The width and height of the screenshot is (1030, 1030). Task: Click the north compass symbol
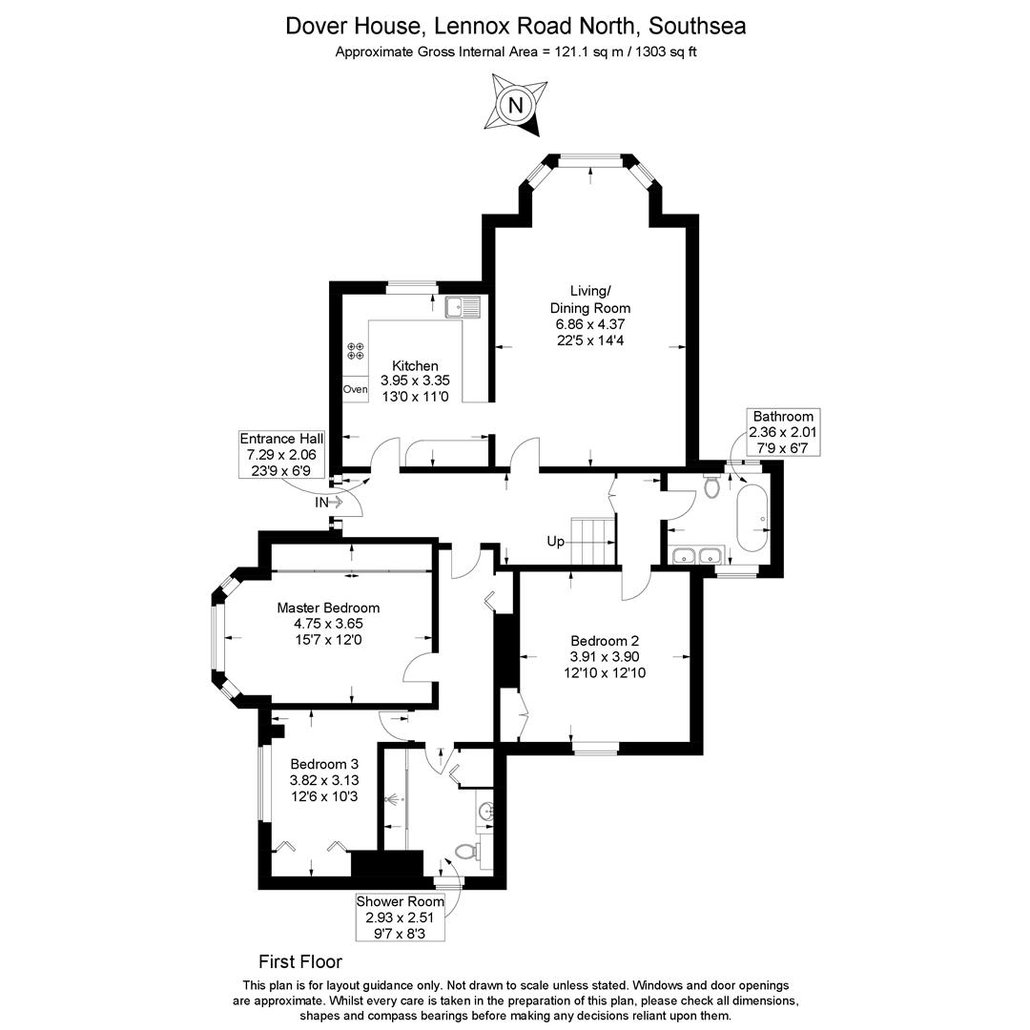(x=516, y=105)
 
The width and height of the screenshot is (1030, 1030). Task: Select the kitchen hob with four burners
(x=356, y=351)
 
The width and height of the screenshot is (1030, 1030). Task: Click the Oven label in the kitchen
(x=355, y=389)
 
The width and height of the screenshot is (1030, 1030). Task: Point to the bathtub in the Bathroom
(x=752, y=519)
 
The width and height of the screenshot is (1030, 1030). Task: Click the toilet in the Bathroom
(x=711, y=486)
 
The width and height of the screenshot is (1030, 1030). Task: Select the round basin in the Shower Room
(x=486, y=813)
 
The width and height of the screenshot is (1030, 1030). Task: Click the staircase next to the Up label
(x=592, y=542)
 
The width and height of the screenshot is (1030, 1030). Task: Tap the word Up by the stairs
(x=555, y=542)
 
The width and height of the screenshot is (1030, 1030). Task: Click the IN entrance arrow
(x=329, y=502)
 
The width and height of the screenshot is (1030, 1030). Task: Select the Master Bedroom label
(x=328, y=608)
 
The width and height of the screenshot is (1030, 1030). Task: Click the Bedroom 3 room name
(x=324, y=764)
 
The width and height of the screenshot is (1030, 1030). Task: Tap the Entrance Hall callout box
(x=281, y=454)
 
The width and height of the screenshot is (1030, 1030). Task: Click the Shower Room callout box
(x=401, y=917)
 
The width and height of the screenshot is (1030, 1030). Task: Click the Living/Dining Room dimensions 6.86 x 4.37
(x=590, y=324)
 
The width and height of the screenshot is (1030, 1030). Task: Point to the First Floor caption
(x=300, y=961)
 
